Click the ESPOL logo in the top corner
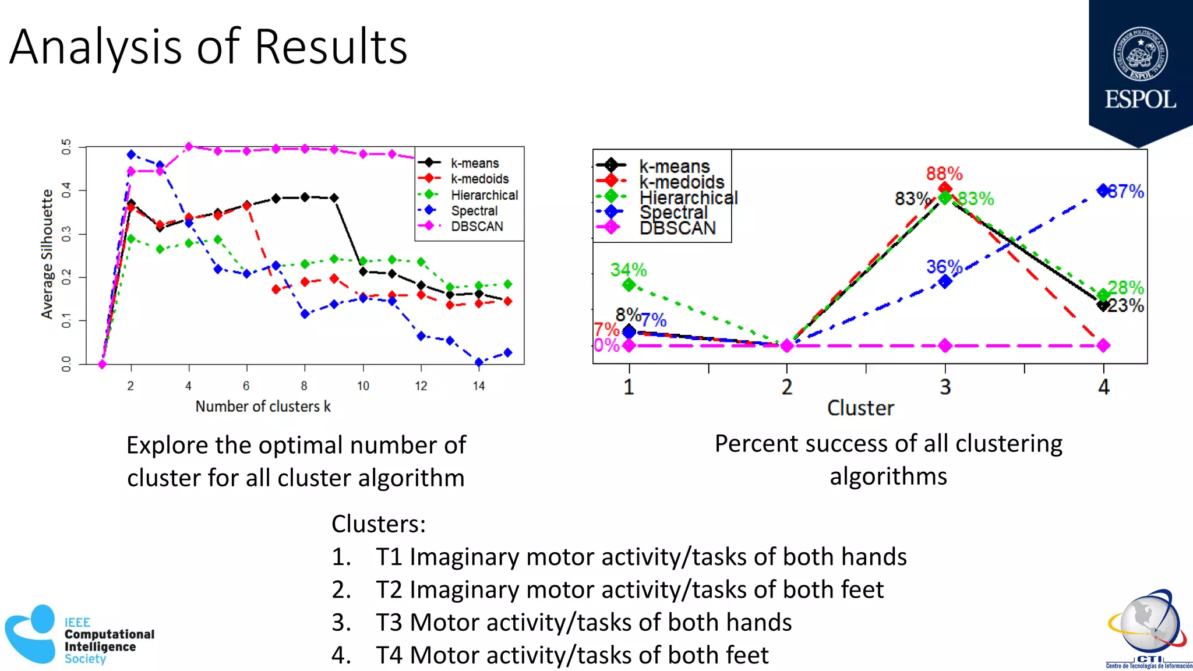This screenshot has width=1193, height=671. pyautogui.click(x=1140, y=70)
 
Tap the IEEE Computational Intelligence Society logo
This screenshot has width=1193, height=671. pyautogui.click(x=79, y=635)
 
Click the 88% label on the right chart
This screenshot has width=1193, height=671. pyautogui.click(x=944, y=174)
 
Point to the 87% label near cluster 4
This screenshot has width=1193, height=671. pyautogui.click(x=1127, y=192)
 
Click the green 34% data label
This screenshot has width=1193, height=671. pyautogui.click(x=628, y=270)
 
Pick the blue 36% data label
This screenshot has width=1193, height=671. pyautogui.click(x=944, y=267)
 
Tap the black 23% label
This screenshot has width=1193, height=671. pyautogui.click(x=1125, y=306)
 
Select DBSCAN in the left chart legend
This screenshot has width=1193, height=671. pyautogui.click(x=477, y=227)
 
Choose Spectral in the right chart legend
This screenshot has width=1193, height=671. pyautogui.click(x=673, y=213)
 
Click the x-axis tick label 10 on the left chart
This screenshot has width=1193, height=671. pyautogui.click(x=363, y=386)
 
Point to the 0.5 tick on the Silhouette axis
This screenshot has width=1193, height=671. pyautogui.click(x=66, y=146)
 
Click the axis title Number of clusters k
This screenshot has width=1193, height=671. pyautogui.click(x=263, y=407)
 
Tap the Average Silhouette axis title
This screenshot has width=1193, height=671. pyautogui.click(x=47, y=254)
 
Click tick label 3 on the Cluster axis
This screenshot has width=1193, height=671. pyautogui.click(x=945, y=387)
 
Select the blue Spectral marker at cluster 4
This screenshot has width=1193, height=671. pyautogui.click(x=1103, y=190)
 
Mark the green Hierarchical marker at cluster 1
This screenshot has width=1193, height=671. pyautogui.click(x=629, y=285)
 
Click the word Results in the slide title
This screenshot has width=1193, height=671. pyautogui.click(x=330, y=47)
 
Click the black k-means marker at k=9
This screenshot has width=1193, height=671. pyautogui.click(x=334, y=198)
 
